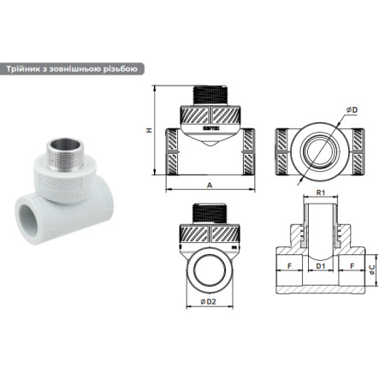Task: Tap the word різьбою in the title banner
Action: [113, 69]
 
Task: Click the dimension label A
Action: [210, 183]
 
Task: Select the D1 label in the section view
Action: [320, 267]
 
